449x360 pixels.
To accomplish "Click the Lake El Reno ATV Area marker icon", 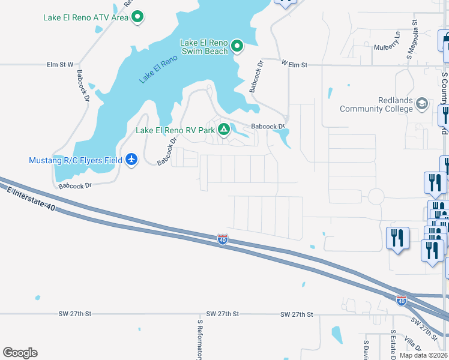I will (x=137, y=17).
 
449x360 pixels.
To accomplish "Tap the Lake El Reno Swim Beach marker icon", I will (x=237, y=46).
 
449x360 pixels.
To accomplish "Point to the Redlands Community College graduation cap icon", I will (x=422, y=104).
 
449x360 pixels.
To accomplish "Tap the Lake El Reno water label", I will (x=158, y=69).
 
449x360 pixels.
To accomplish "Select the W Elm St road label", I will (x=294, y=64).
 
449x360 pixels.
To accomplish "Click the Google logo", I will (x=20, y=353).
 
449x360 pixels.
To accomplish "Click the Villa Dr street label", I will (x=413, y=344).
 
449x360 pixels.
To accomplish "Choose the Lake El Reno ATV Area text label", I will (x=86, y=17).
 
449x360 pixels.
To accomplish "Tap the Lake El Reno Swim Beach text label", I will (x=204, y=47).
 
